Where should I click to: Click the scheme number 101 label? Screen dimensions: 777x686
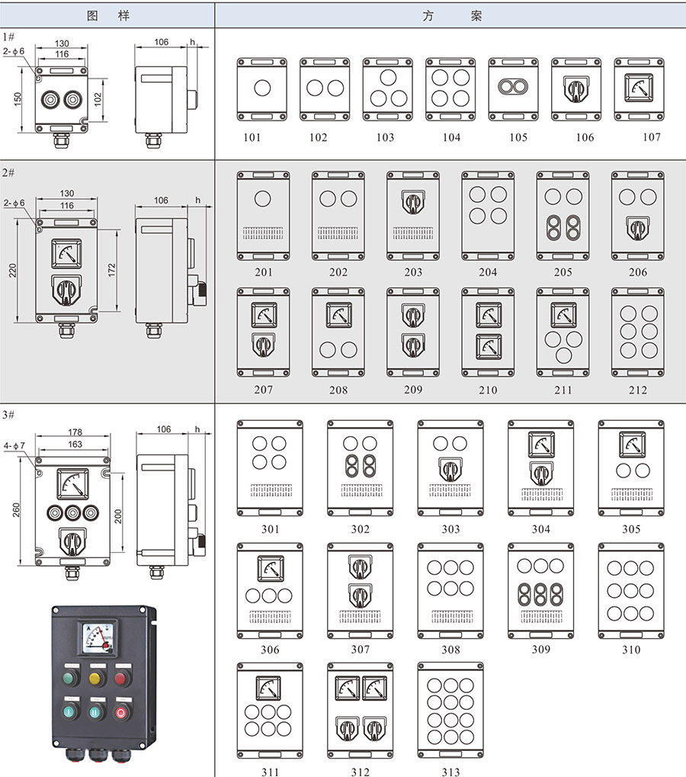[x=252, y=137]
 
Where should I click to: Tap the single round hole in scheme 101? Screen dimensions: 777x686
[x=261, y=88]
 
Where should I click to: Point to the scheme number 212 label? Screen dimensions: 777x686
[x=637, y=390]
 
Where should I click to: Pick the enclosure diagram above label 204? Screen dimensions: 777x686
[x=488, y=215]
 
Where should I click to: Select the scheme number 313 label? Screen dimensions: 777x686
[x=450, y=772]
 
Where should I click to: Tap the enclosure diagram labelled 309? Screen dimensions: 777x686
[x=540, y=590]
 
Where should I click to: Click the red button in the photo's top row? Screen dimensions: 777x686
[x=121, y=678]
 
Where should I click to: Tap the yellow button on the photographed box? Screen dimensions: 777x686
[x=96, y=678]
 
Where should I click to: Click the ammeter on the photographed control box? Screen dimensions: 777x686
[x=96, y=639]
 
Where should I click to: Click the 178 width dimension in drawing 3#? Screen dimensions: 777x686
[x=74, y=432]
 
